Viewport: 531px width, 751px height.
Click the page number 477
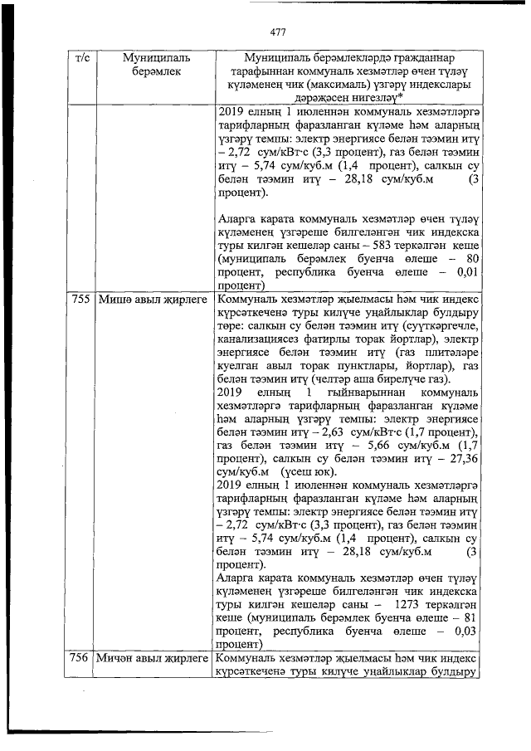tap(277, 32)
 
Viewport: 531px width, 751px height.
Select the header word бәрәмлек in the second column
tap(155, 73)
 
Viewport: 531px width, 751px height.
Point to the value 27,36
tap(460, 456)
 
